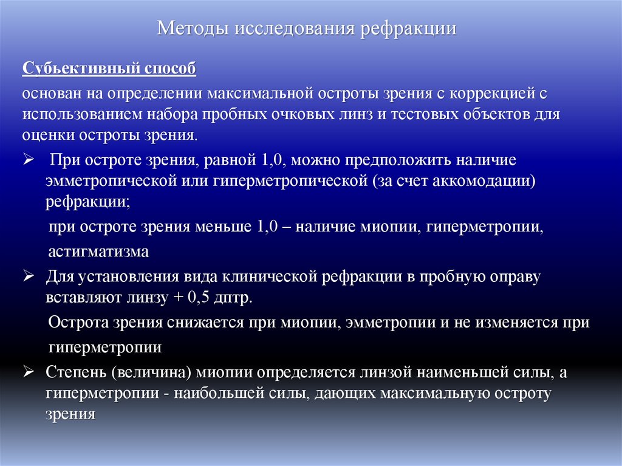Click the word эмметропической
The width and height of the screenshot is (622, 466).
coord(107,182)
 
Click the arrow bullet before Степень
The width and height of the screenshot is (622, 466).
coord(28,372)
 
